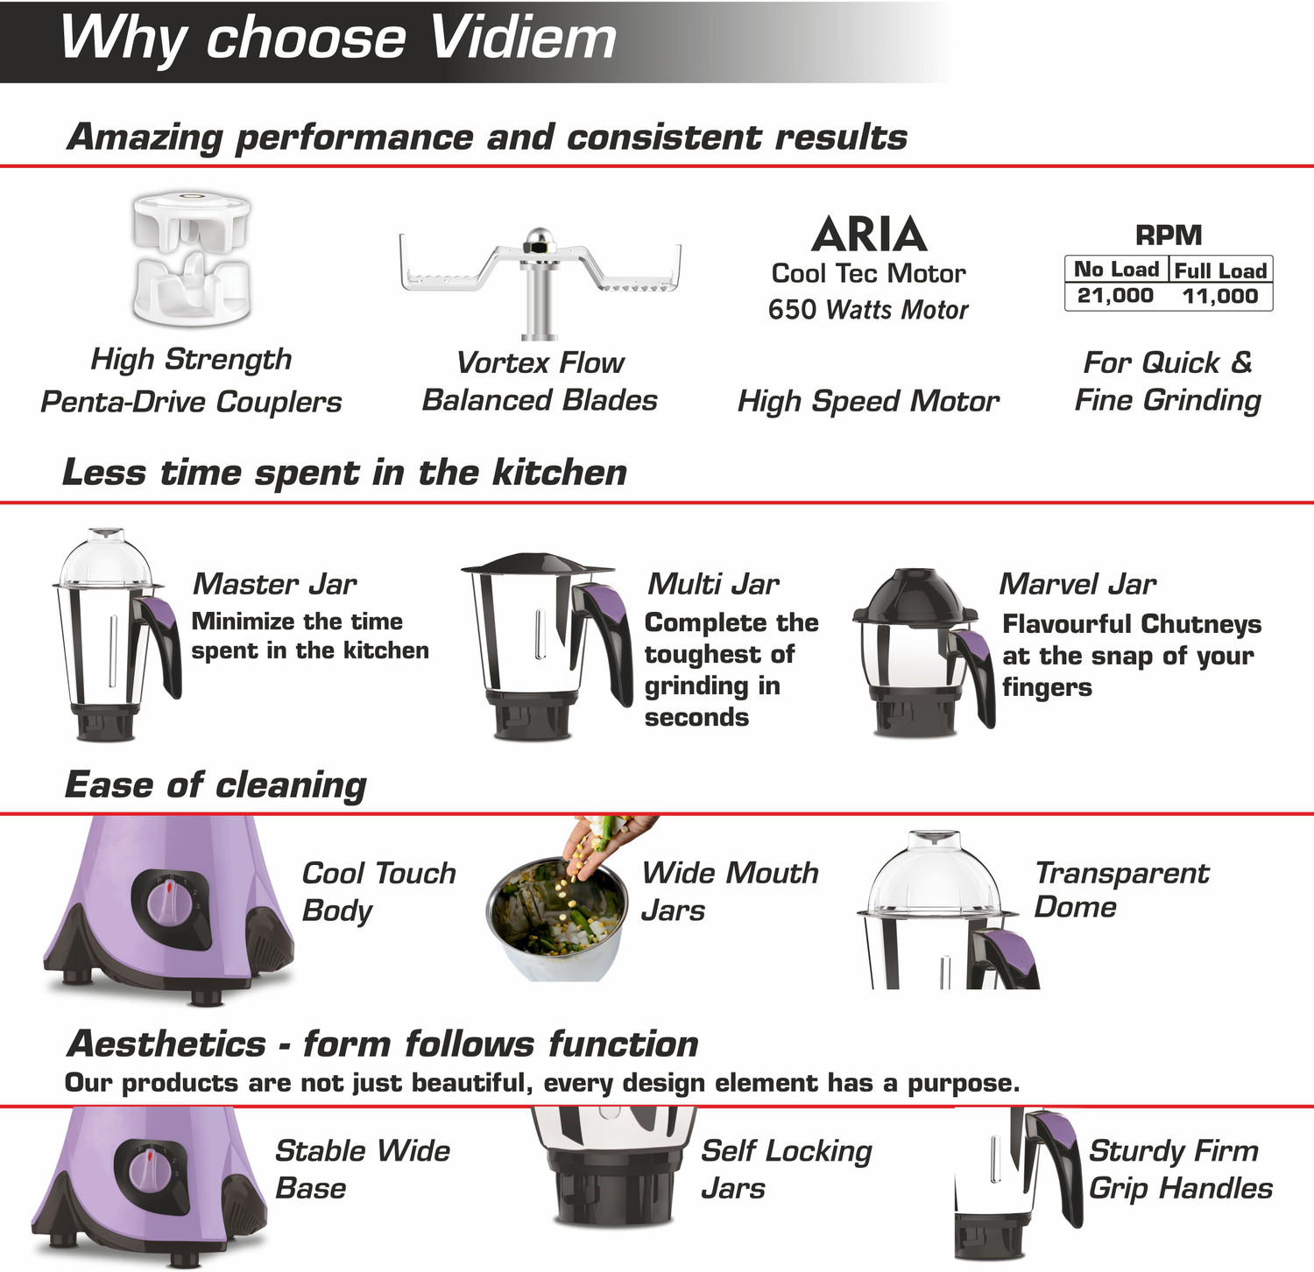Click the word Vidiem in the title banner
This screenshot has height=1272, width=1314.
point(523,39)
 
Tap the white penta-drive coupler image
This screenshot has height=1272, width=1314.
point(192,260)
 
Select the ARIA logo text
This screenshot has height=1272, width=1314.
point(868,235)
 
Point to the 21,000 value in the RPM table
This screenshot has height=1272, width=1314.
point(1115,296)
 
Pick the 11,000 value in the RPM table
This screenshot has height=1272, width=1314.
point(1219,296)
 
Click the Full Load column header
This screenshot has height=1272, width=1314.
point(1220,271)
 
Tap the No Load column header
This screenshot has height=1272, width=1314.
point(1116,270)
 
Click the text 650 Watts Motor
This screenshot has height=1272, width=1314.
point(868,310)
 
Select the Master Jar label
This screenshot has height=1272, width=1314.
point(274,584)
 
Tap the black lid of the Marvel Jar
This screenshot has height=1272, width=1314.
point(915,596)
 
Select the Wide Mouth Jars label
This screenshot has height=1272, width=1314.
point(730,891)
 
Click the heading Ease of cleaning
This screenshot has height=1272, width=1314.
point(215,785)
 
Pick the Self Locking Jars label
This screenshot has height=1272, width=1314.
point(786,1170)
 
